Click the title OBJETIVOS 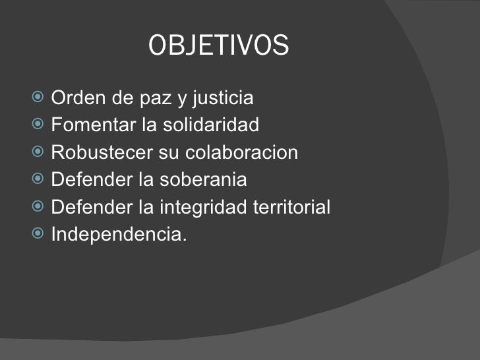pos(219,45)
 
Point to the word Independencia pos(118,235)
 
